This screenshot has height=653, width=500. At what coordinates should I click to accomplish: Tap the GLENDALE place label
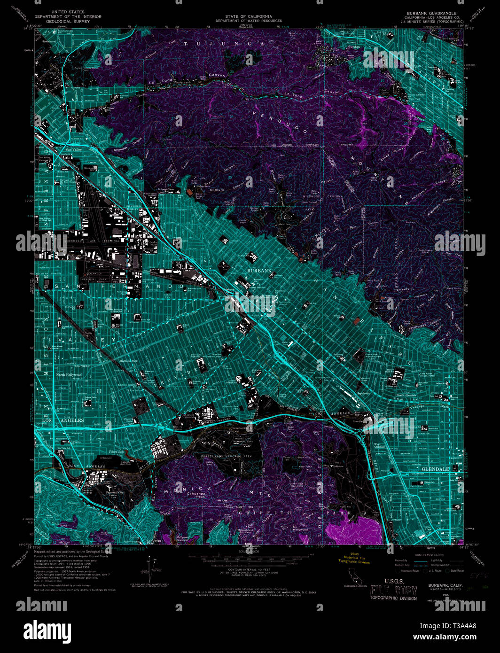[435, 469]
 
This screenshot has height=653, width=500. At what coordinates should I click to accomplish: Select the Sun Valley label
[74, 149]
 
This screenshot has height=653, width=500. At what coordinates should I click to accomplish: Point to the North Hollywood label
[69, 375]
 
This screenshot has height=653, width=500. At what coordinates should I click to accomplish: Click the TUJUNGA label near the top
[224, 44]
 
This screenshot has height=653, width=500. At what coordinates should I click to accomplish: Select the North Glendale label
[406, 396]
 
